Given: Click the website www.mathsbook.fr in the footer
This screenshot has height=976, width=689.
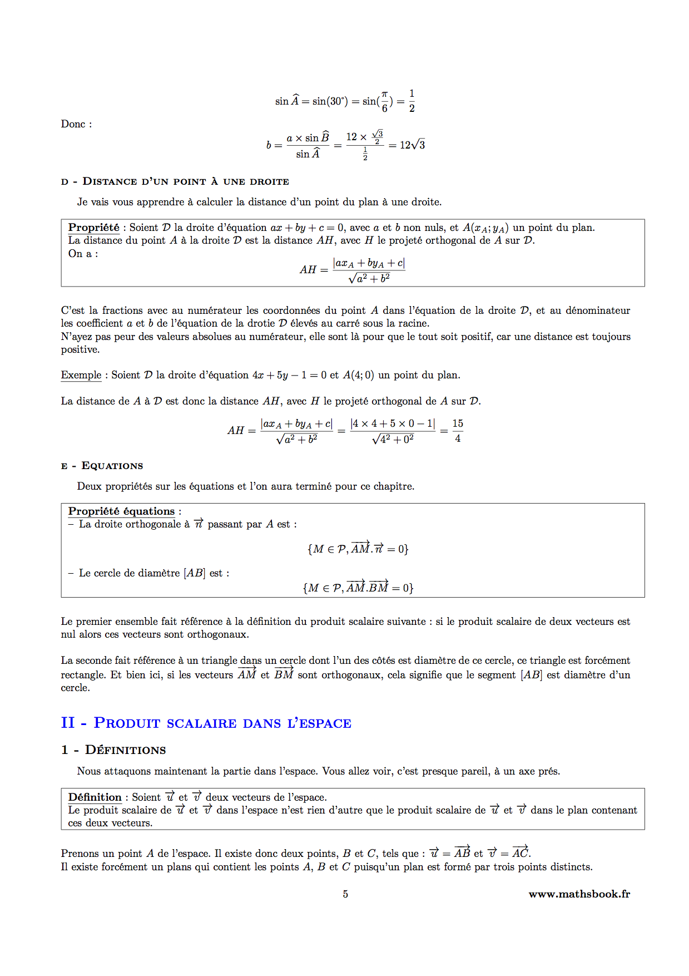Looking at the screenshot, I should coord(579,894).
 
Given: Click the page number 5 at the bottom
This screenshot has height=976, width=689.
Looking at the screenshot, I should coord(345,894).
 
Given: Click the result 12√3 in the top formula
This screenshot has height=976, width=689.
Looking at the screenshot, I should coord(412,145).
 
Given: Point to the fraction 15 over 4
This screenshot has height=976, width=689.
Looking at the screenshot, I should coord(458,431).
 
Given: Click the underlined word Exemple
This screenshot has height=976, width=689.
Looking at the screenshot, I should coord(81,375).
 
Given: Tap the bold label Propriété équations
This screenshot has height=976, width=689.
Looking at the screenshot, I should coord(121,511).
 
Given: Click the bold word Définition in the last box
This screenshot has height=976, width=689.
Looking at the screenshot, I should coord(95,797).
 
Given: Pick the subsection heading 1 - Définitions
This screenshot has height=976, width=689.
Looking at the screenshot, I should coord(113,750).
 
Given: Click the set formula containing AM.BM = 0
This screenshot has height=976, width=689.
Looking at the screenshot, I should coord(358,588).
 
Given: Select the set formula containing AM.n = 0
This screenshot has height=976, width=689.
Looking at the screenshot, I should coord(358,549).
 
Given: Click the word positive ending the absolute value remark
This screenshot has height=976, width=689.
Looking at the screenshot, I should coord(80,349).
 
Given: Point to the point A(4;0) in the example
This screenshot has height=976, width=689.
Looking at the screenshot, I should coord(358,375).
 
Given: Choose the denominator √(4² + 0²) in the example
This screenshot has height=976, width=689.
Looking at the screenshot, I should coord(393,439).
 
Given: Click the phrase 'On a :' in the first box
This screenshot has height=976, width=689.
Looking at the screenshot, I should coord(83,254).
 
